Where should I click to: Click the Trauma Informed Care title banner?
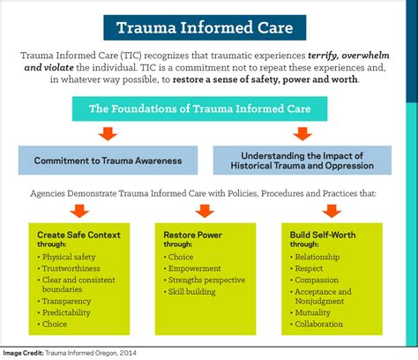208,26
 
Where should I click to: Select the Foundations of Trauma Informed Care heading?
208,109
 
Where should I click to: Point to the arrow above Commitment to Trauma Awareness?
108,135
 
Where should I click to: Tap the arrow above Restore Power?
205,210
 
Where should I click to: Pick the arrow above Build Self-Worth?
331,210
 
